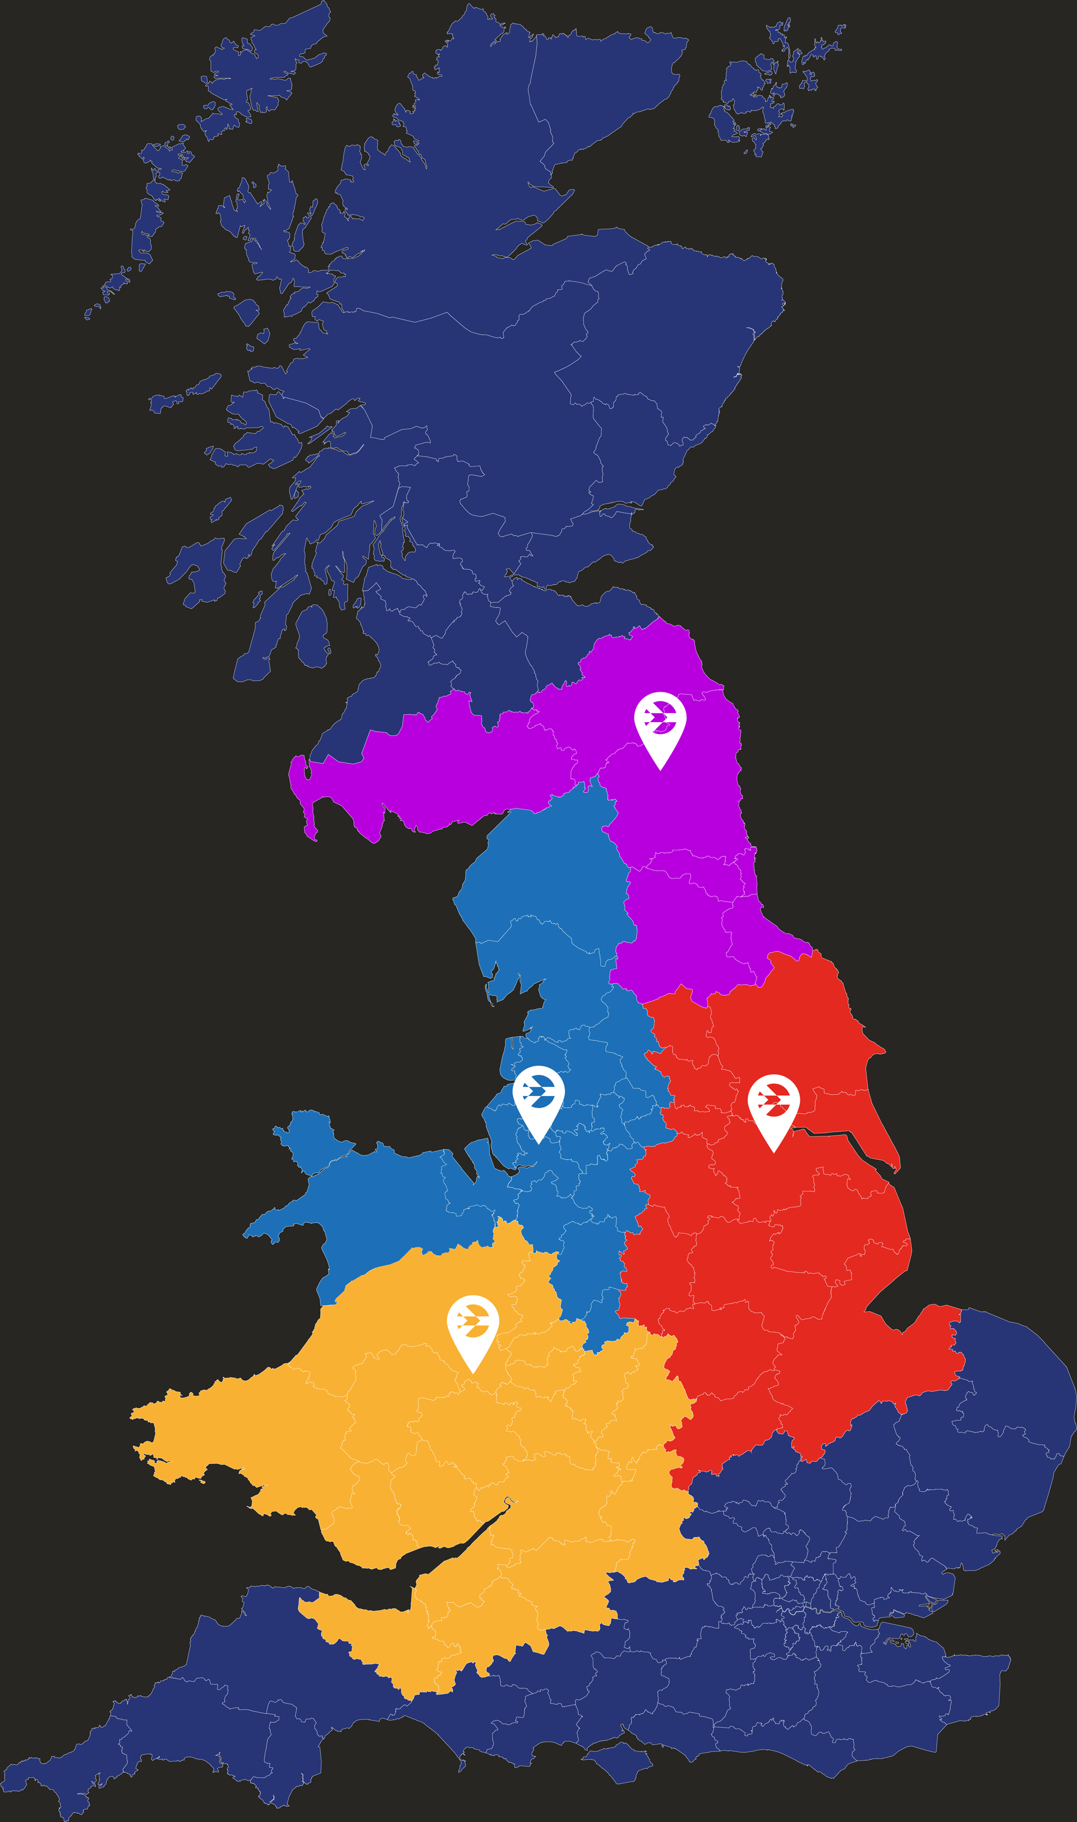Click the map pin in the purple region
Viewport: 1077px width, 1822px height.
pyautogui.click(x=660, y=726)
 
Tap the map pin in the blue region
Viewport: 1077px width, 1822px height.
pyautogui.click(x=538, y=1099)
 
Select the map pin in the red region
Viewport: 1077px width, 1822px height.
pyautogui.click(x=774, y=1108)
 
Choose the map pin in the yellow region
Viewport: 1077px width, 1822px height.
pyautogui.click(x=472, y=1329)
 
